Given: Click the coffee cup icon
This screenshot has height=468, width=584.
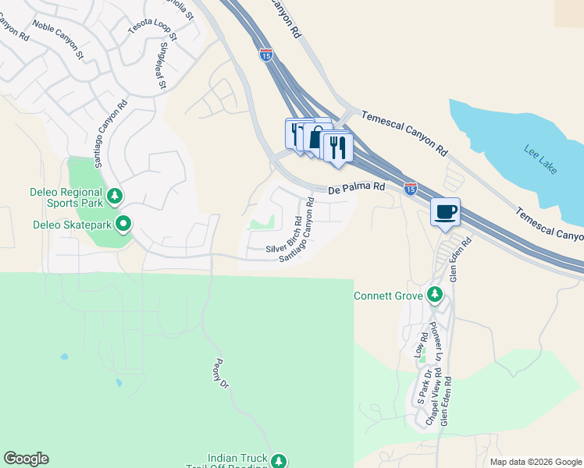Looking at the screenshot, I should [x=445, y=211].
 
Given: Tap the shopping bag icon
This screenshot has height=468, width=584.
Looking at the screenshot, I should [x=315, y=139].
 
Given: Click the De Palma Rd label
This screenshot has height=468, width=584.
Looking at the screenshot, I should [x=357, y=188].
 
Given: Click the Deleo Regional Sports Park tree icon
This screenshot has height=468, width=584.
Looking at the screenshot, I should [x=114, y=196].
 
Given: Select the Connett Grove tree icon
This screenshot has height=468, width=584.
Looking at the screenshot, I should [x=435, y=296].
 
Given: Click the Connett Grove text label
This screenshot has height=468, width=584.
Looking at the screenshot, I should [x=388, y=296].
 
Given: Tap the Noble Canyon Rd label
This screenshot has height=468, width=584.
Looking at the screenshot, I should [x=59, y=41].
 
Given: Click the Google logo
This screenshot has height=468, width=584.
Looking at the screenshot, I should [x=26, y=459].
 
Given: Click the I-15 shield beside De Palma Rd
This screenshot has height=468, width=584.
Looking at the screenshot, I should [x=411, y=189].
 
